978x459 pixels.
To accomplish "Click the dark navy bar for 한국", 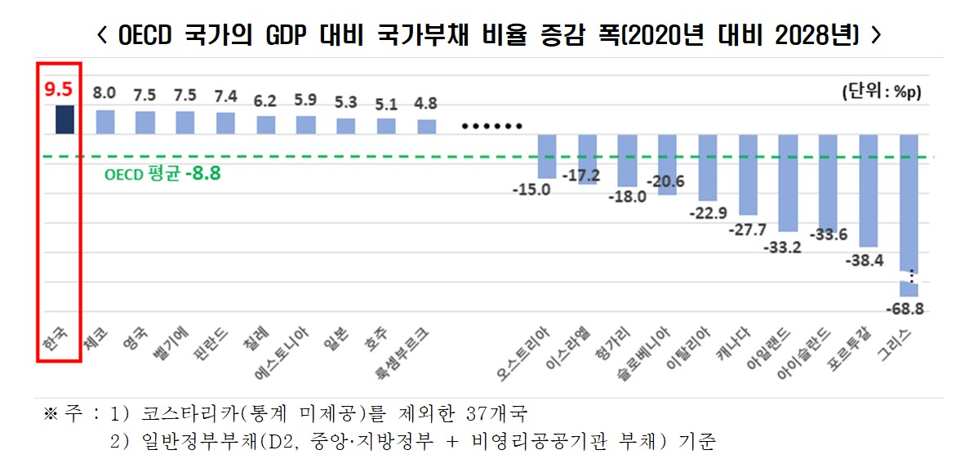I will click(64, 119).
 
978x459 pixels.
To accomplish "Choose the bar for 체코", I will click(105, 122).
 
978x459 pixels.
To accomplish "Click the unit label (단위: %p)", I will click(882, 92).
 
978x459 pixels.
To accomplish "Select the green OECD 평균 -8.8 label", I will click(163, 173).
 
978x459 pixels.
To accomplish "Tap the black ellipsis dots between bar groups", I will click(491, 127).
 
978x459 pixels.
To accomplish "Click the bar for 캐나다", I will click(749, 174).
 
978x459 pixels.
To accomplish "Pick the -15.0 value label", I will click(531, 189).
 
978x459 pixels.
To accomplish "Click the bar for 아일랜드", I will click(789, 183).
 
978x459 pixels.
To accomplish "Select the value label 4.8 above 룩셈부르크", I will click(426, 104).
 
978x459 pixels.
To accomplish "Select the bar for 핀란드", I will click(225, 123).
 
